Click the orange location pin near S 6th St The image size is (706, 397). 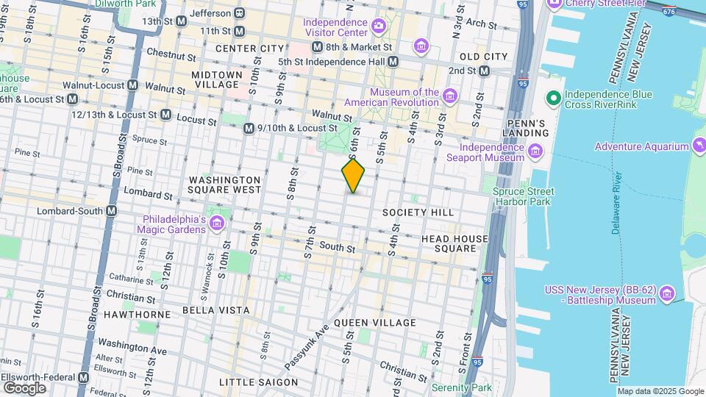point(354,175)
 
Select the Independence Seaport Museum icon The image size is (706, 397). point(535,153)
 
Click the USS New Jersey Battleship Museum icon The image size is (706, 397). point(667,294)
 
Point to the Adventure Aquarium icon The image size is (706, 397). point(698,146)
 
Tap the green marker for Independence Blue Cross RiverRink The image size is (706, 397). point(554,97)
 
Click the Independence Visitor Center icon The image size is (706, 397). point(378,27)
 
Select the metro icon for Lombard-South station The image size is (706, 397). point(111,211)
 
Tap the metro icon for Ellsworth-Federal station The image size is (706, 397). point(83,377)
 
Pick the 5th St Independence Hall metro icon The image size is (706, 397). point(393,61)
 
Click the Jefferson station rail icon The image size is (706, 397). point(239,13)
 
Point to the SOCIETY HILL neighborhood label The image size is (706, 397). point(418,212)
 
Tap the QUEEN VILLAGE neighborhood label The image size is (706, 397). point(375,323)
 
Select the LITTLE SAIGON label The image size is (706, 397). point(258,382)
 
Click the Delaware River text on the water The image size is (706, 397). point(616,207)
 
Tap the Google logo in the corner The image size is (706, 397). point(24,387)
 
